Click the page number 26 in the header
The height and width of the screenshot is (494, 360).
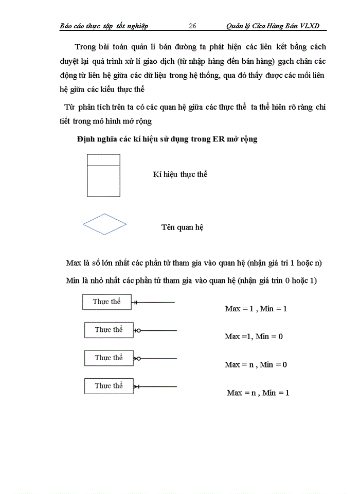tap(193, 26)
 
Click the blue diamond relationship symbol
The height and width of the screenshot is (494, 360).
tap(105, 224)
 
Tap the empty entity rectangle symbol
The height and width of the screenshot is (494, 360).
tap(103, 175)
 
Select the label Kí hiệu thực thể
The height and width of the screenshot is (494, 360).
tap(180, 174)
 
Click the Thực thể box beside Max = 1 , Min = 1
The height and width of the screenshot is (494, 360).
tap(106, 302)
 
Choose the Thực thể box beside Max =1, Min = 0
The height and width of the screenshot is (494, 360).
tap(109, 330)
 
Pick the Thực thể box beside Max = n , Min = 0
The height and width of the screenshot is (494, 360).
tap(109, 358)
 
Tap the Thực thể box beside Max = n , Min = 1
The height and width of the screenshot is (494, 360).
tap(109, 385)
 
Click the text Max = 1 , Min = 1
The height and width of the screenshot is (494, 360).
tap(256, 309)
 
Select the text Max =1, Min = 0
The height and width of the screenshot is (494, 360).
tap(254, 337)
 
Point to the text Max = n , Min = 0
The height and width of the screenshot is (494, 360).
tap(256, 364)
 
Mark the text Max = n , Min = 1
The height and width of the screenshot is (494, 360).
tap(258, 393)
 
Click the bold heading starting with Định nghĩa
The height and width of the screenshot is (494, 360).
tap(167, 139)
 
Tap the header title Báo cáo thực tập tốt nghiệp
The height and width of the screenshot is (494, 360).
tap(104, 26)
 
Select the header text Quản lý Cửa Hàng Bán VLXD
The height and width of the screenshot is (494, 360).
tap(276, 26)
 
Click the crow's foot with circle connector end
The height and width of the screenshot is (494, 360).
tap(137, 358)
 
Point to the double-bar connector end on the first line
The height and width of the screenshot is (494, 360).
tap(135, 303)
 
